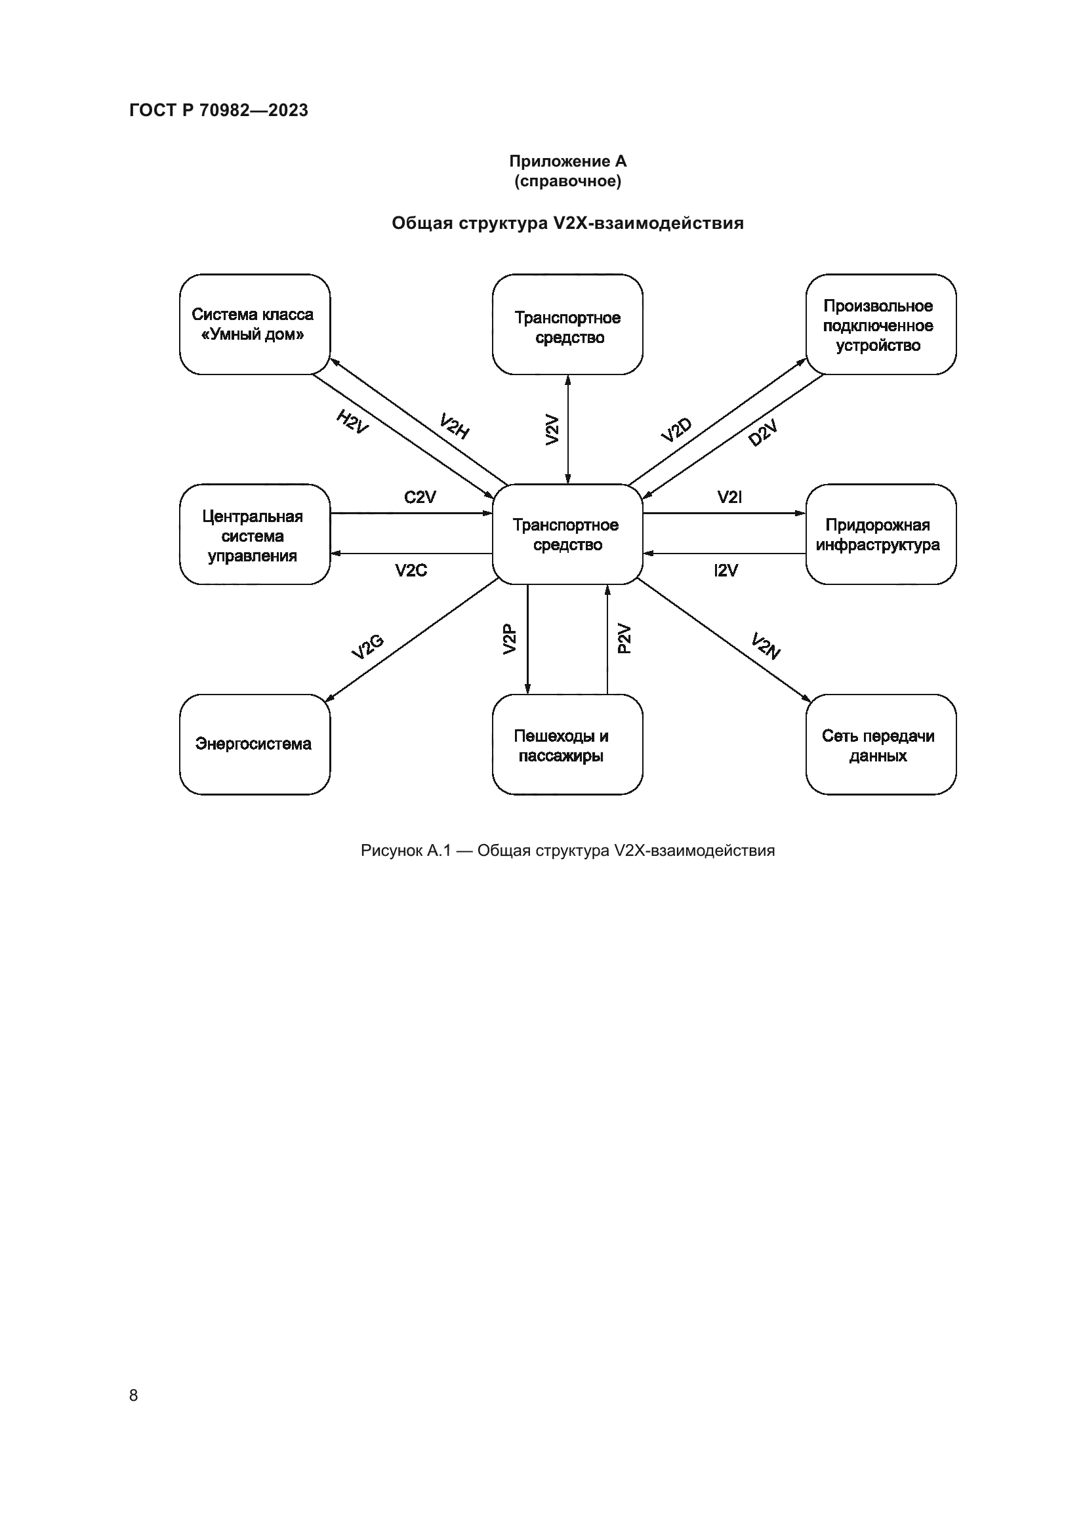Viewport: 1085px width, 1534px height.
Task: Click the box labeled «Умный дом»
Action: pos(255,324)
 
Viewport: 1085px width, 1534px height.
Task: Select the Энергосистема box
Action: pos(255,744)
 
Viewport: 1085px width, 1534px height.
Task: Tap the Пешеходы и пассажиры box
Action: pos(567,744)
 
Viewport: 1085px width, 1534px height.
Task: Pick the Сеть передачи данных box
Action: pos(880,744)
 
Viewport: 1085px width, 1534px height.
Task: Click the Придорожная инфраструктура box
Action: pos(880,535)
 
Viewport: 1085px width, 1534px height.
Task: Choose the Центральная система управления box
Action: pos(255,535)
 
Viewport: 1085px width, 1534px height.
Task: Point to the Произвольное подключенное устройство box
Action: pos(880,324)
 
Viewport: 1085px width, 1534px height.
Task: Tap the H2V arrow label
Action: pos(352,422)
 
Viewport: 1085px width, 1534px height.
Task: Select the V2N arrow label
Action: pos(766,646)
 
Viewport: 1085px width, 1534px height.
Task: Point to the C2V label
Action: pos(420,497)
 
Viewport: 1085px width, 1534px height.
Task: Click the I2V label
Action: pos(726,571)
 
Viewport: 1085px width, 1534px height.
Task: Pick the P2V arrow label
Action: pos(623,639)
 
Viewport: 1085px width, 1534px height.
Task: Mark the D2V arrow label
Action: pos(763,434)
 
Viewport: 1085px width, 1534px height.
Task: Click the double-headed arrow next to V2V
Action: pos(568,429)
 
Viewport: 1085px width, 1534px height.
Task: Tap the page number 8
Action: pos(134,1395)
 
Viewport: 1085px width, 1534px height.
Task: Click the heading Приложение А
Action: pos(567,161)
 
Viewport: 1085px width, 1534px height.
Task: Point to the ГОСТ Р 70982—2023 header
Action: pos(218,110)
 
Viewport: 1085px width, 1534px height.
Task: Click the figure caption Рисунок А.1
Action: pos(567,851)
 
